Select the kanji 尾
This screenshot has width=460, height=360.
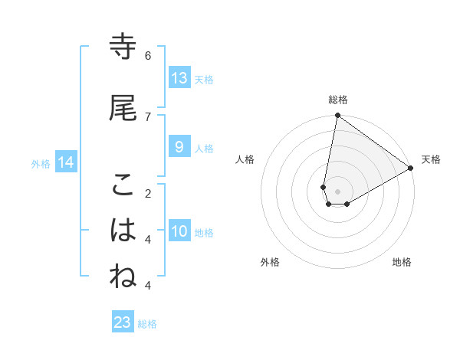[x=123, y=108]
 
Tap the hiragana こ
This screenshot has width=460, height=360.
[x=123, y=185]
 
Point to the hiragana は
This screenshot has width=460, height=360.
[x=123, y=230]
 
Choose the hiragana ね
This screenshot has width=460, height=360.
[x=123, y=277]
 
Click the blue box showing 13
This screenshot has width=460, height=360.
[x=179, y=78]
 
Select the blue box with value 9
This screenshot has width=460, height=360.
[x=179, y=147]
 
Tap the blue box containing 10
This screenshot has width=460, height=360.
[x=179, y=231]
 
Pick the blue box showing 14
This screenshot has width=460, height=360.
[x=66, y=162]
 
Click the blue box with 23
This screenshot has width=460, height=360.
[x=123, y=322]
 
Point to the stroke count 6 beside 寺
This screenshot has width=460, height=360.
[x=148, y=56]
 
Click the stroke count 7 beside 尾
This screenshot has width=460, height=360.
[x=148, y=116]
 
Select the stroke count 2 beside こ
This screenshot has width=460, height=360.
[x=148, y=193]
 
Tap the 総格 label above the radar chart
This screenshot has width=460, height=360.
[x=338, y=100]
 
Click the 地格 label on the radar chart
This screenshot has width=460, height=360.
[x=402, y=262]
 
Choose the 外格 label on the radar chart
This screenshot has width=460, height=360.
[x=270, y=262]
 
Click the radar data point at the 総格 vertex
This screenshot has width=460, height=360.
[x=337, y=116]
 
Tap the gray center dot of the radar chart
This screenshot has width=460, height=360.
[x=337, y=191]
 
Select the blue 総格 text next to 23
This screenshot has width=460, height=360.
[x=147, y=324]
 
